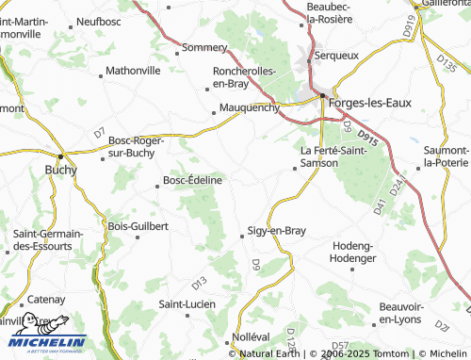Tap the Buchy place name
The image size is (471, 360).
pyautogui.click(x=61, y=171)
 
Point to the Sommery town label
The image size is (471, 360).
pyautogui.click(x=205, y=47)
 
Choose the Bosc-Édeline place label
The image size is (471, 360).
pyautogui.click(x=193, y=180)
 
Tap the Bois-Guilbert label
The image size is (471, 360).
pyautogui.click(x=138, y=226)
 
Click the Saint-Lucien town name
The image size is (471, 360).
pyautogui.click(x=187, y=303)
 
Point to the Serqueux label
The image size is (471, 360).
pyautogui.click(x=340, y=56)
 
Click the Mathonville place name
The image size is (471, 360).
pyautogui.click(x=133, y=70)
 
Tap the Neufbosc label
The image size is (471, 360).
pyautogui.click(x=99, y=20)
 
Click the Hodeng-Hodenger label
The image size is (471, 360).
pyautogui.click(x=354, y=252)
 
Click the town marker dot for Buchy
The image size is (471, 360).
pyautogui.click(x=61, y=155)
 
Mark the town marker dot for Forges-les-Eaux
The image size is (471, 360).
pyautogui.click(x=322, y=95)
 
